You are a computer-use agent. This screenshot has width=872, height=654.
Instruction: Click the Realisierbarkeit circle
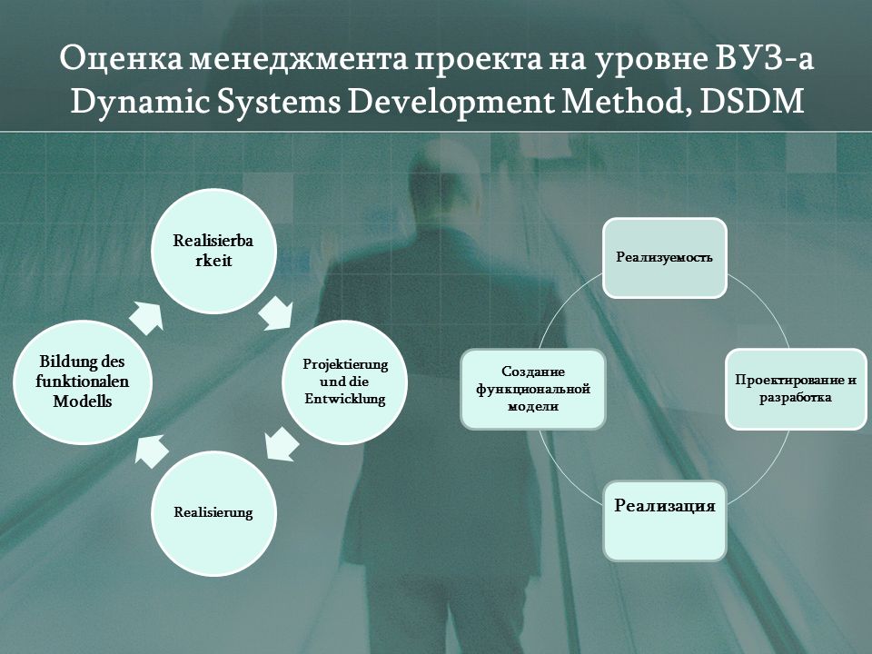tap(214, 251)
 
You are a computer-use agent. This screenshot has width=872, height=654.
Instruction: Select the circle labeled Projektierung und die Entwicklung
tap(345, 381)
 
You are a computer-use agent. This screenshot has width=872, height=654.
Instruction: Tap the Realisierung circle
tap(214, 512)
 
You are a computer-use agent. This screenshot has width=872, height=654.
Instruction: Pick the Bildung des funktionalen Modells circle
tap(83, 381)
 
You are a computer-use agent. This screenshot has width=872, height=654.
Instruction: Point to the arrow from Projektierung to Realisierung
tap(282, 444)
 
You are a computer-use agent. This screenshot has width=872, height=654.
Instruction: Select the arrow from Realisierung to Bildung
tap(152, 451)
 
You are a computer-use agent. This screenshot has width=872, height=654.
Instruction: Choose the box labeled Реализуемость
tap(665, 257)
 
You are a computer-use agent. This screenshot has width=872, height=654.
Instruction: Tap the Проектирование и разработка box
tap(796, 389)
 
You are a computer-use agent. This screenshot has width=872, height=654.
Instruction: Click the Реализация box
tap(665, 520)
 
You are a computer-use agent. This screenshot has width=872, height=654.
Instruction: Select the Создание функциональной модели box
tap(533, 389)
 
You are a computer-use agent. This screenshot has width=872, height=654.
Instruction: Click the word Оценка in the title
tap(121, 59)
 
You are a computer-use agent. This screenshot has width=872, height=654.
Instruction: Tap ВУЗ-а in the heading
tap(764, 59)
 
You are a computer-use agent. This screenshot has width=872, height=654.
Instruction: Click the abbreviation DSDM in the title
tap(751, 102)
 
